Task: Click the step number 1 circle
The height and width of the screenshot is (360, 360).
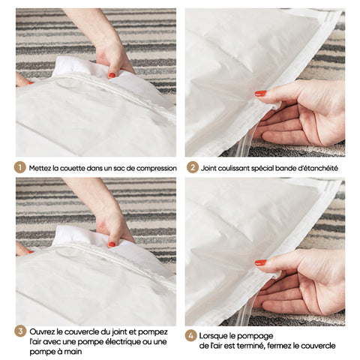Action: tap(19, 168)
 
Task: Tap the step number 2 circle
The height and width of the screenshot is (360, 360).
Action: tap(193, 168)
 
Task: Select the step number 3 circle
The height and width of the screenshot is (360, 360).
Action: tap(20, 331)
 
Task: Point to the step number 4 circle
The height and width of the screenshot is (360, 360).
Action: tap(190, 336)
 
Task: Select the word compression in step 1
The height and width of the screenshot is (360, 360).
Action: tap(157, 169)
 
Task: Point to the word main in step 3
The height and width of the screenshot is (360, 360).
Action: tap(73, 352)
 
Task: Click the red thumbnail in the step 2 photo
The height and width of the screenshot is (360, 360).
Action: tap(260, 94)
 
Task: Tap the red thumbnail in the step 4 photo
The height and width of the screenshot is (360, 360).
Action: tap(260, 262)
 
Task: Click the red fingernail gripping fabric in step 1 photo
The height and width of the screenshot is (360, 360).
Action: tap(112, 75)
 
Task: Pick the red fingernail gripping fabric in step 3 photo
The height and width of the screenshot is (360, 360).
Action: tap(112, 244)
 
